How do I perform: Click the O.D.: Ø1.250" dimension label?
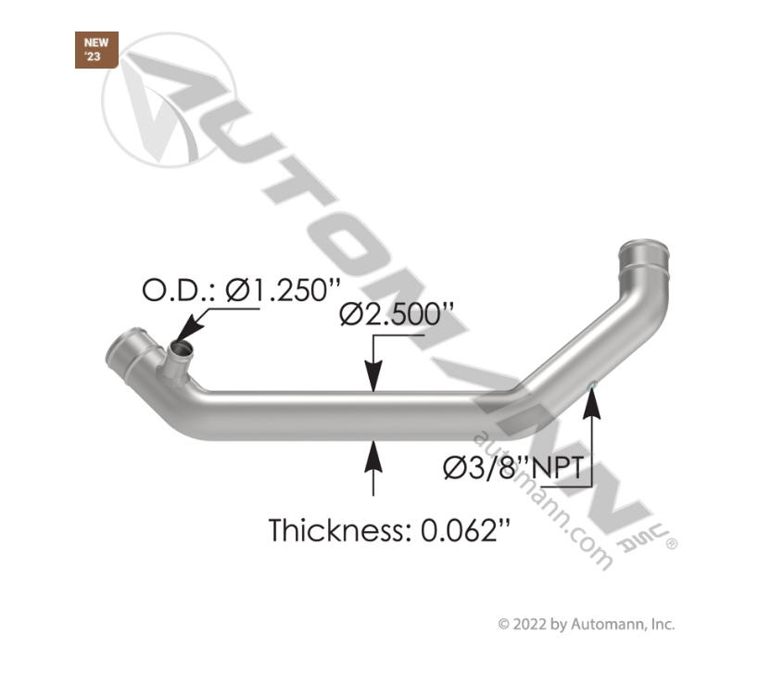click(x=236, y=290)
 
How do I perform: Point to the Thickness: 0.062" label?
click(x=389, y=531)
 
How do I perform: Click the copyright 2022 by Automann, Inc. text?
click(x=587, y=624)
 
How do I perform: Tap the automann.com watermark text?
click(x=542, y=500)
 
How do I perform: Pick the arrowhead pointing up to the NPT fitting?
click(x=591, y=399)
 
